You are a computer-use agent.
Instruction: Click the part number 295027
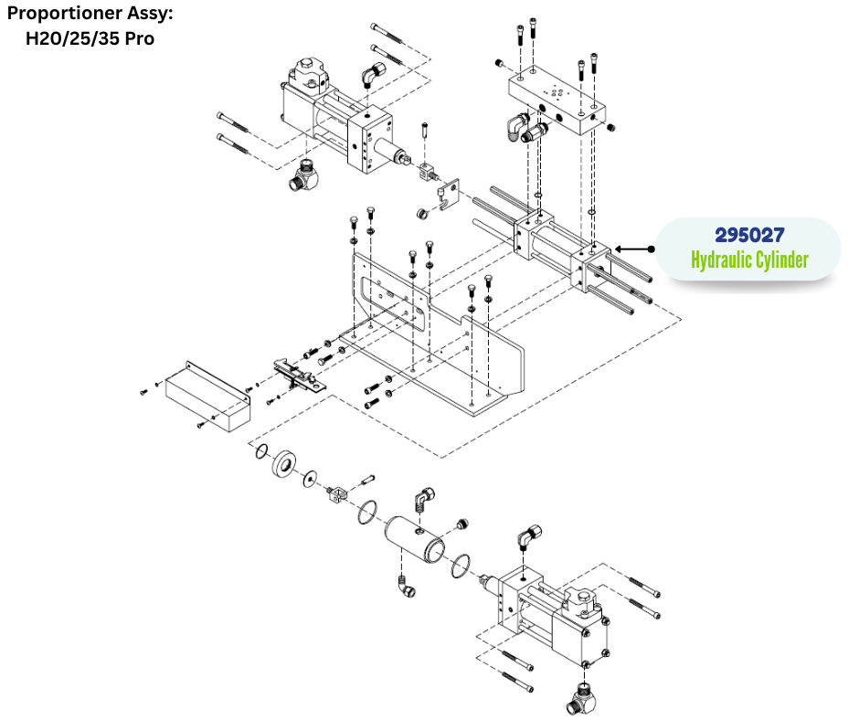(749, 235)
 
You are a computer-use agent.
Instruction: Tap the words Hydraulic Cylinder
(749, 260)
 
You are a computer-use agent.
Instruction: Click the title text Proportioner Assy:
(90, 15)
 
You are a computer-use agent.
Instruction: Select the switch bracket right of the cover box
(297, 374)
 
